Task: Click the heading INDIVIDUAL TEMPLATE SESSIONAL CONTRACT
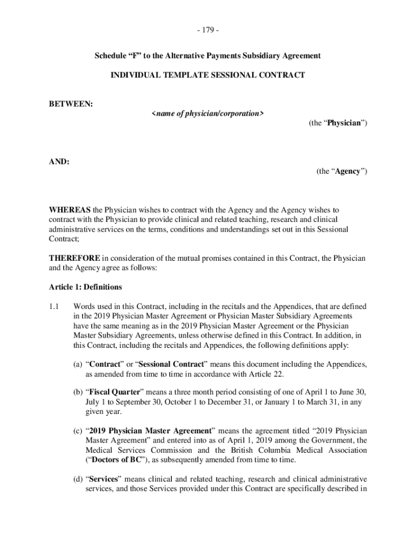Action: (208, 75)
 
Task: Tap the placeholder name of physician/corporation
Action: (207, 113)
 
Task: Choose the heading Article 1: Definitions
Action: (85, 287)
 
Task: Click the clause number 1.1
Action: (53, 306)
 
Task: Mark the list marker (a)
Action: (79, 365)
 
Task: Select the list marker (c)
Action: (79, 431)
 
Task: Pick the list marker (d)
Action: (79, 479)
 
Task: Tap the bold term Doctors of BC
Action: (119, 460)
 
